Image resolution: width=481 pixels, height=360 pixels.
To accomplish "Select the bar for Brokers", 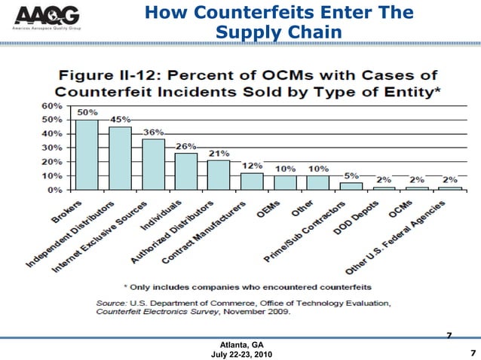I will point(87,154).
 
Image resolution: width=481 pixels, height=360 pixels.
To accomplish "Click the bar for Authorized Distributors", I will point(219,175).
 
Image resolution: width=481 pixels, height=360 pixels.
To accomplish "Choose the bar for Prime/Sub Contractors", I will point(351,186).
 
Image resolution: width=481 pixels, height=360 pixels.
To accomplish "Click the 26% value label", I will point(186,145).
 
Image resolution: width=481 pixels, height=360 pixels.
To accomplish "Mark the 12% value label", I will point(252,166).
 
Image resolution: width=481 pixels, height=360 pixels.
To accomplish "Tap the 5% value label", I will point(351,175).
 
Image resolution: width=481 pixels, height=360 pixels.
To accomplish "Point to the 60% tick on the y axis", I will point(51,105).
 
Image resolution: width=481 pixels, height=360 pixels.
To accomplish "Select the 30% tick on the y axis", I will point(51,148).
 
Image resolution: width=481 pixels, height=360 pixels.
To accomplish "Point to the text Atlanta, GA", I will point(241,343).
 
